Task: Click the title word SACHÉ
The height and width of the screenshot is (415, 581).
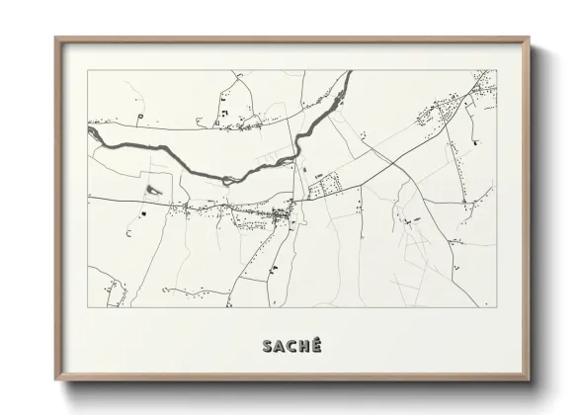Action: pos(292,345)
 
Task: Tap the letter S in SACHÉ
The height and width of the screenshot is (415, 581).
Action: pos(267,345)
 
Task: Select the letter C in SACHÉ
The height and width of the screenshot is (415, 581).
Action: pos(292,345)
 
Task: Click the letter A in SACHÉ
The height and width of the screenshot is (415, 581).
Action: pos(280,345)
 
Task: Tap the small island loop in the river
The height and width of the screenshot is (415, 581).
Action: pos(228,180)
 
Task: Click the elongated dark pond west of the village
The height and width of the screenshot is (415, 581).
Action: pos(153,188)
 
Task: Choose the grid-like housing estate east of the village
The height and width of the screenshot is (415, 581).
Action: pos(331,184)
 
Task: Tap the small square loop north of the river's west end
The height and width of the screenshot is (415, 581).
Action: pos(142,116)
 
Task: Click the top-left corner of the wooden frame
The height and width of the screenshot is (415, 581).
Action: pos(55,39)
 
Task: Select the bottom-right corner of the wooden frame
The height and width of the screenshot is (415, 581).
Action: pos(528,379)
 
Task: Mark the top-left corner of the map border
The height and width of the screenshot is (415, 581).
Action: pos(88,70)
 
